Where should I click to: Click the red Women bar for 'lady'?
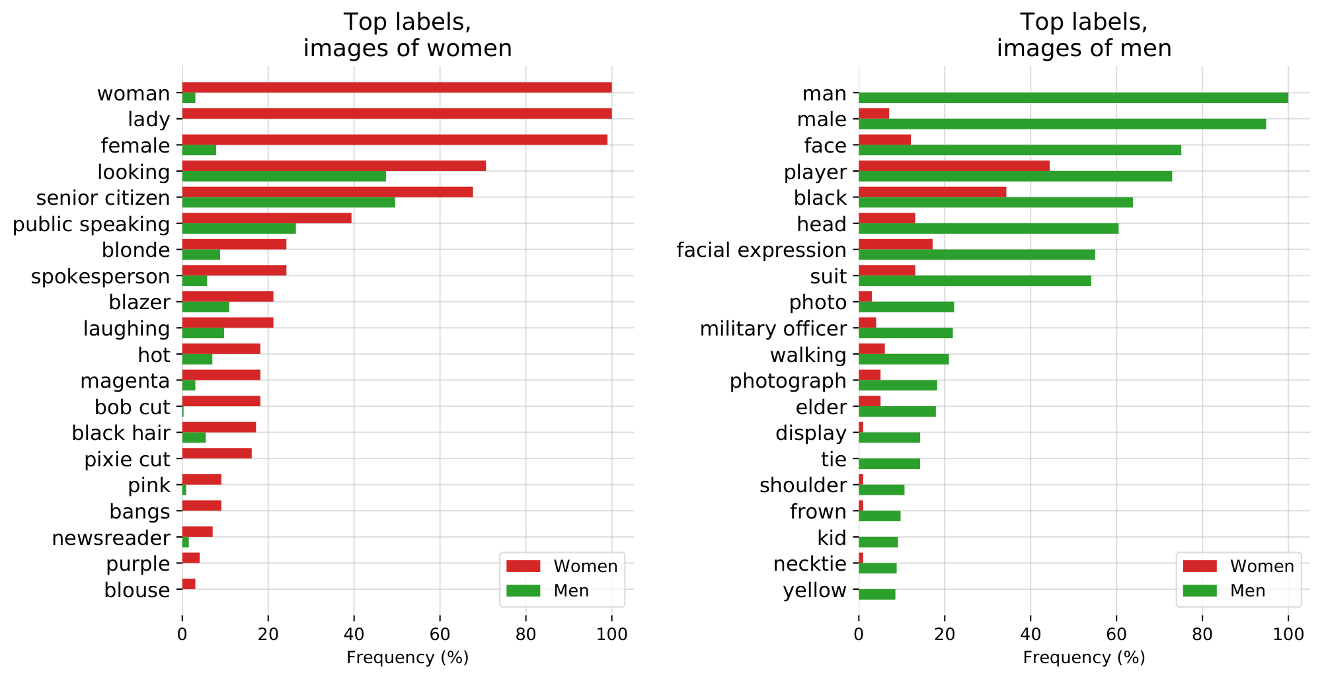point(397,114)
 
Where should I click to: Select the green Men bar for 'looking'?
point(284,176)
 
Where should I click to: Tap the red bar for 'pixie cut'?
point(217,453)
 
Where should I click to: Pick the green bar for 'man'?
point(1073,98)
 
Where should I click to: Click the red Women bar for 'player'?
point(954,166)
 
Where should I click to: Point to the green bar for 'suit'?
point(974,281)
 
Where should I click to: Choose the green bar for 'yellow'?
point(876,594)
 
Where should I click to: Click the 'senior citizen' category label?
point(103,197)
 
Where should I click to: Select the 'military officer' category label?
point(773,328)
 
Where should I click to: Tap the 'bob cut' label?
point(132,407)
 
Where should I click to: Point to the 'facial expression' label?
point(761,250)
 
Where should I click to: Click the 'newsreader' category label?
point(111,538)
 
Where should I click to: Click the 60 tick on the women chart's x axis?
point(440,635)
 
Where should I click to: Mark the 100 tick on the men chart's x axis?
point(1288,635)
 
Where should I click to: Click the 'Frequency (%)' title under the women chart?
point(407,657)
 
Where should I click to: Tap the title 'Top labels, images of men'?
point(1084,35)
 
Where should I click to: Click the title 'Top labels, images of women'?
point(407,35)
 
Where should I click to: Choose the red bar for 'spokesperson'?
point(234,270)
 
